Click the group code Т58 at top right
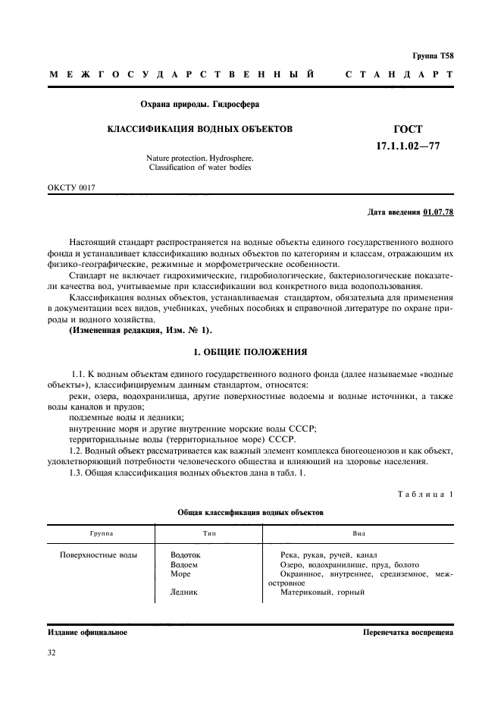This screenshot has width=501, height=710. pyautogui.click(x=446, y=56)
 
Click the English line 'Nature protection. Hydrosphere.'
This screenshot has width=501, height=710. pyautogui.click(x=200, y=158)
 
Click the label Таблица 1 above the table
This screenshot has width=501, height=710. pyautogui.click(x=425, y=495)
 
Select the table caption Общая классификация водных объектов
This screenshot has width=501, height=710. pyautogui.click(x=250, y=513)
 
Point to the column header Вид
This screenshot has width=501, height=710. pyautogui.click(x=359, y=534)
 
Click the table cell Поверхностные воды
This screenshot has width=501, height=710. pyautogui.click(x=99, y=555)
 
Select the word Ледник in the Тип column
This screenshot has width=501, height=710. pyautogui.click(x=185, y=592)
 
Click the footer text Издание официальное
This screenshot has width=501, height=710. pyautogui.click(x=87, y=632)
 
